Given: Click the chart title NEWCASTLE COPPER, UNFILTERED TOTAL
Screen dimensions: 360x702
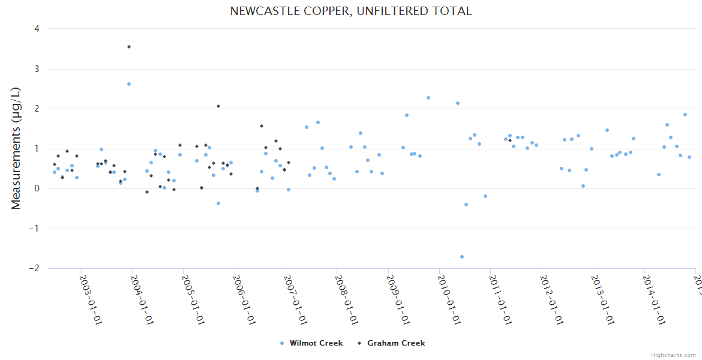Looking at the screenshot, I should [351, 11].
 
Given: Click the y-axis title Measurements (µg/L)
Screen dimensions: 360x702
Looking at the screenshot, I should [16, 148].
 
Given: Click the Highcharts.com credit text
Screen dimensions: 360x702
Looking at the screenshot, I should [673, 355].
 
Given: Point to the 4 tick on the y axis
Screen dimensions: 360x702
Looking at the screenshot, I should [37, 29].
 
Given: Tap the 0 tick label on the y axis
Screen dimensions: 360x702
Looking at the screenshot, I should [37, 188].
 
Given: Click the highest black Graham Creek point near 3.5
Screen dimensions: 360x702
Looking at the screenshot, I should [129, 47].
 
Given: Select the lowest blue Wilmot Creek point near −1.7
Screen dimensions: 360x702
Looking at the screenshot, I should [462, 257].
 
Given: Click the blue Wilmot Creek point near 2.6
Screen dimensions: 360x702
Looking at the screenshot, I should [129, 84].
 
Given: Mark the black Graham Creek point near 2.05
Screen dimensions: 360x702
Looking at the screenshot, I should [218, 106].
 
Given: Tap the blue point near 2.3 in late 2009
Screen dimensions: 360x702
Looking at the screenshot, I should [428, 98].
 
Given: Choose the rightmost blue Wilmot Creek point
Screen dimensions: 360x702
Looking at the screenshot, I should [689, 157].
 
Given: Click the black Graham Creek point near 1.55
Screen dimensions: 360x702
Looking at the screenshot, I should [262, 126].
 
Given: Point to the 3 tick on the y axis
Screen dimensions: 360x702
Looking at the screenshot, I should [37, 69].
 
